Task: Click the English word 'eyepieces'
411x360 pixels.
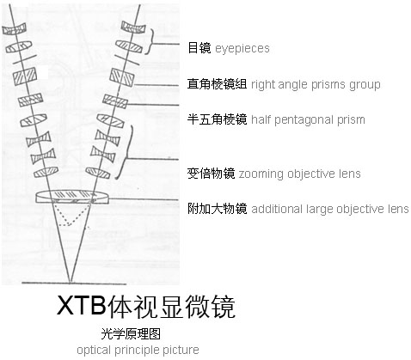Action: [242, 48]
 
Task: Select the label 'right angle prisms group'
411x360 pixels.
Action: [316, 85]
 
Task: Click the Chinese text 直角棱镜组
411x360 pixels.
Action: [217, 84]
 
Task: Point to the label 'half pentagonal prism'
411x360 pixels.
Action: [308, 119]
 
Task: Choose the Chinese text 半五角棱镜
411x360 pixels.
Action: [217, 119]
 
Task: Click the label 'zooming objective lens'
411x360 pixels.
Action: [299, 174]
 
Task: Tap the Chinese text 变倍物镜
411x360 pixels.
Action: [211, 174]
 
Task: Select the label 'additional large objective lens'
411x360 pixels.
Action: [330, 209]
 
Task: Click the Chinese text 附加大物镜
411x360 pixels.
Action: [217, 209]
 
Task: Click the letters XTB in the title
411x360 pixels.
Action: [82, 306]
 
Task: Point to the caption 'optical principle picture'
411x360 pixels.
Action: [138, 351]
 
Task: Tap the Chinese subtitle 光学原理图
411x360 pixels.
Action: [131, 334]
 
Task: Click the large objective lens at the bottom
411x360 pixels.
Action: [72, 197]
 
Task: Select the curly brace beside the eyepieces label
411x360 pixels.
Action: [150, 41]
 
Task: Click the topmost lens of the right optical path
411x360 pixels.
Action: [133, 27]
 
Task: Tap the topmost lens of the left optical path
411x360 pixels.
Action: [14, 29]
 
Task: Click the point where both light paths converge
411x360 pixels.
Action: [71, 282]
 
